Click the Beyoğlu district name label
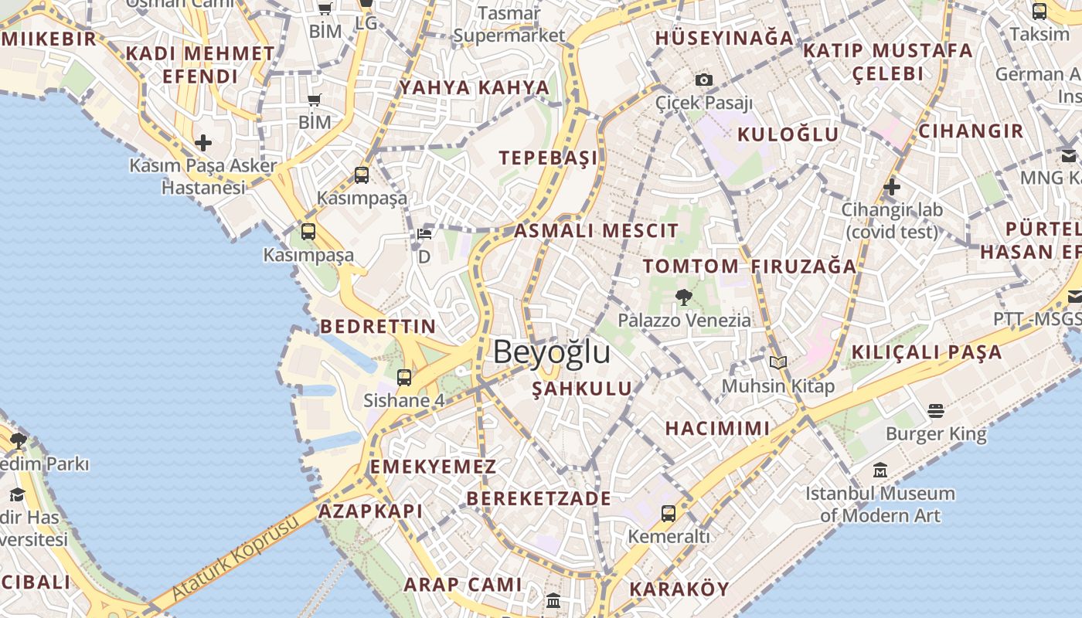tap(552, 352)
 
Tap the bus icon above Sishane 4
tap(404, 378)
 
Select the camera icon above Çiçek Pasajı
tap(703, 80)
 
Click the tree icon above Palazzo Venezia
tap(683, 297)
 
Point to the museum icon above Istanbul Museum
tap(880, 470)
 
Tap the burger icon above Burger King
tap(936, 410)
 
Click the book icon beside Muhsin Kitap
tap(777, 362)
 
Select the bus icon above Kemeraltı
tap(669, 513)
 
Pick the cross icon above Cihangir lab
tap(892, 186)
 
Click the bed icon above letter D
tap(424, 233)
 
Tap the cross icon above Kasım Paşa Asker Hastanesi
tap(203, 142)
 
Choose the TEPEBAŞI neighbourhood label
tap(548, 158)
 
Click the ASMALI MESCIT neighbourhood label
tap(596, 230)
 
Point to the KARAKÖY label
tap(679, 589)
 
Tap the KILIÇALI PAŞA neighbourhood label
tap(926, 352)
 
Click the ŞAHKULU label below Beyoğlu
tap(582, 389)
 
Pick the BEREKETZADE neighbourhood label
tap(539, 498)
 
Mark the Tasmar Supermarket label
tap(509, 25)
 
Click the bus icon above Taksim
tap(1039, 12)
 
